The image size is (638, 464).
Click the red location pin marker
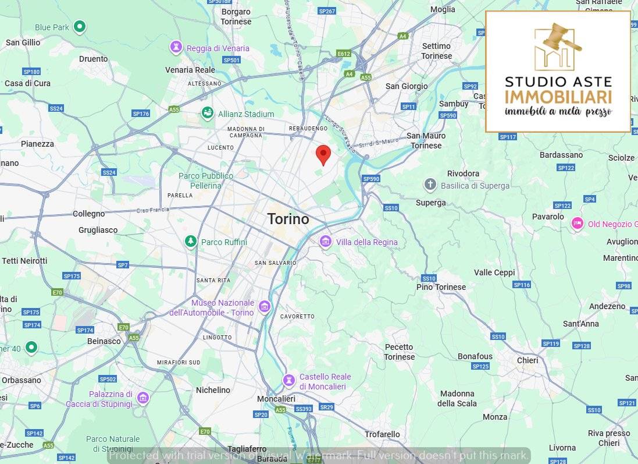323,154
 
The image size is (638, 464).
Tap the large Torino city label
288,219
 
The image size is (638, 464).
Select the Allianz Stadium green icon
206,114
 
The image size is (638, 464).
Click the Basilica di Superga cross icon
430,185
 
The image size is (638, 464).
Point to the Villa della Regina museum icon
325,242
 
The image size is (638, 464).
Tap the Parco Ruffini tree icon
190,242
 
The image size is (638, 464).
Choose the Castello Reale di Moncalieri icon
288,381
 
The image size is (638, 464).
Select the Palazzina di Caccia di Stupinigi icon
143,398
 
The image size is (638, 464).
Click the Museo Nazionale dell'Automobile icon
265,307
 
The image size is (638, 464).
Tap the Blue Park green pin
80,27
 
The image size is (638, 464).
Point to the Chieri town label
527,360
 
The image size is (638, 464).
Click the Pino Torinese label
441,287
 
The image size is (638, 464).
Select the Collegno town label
88,214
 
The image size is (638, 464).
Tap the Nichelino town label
213,390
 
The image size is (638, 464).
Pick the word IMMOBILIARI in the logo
558,97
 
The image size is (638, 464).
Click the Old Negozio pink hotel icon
577,224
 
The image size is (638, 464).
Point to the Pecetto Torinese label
399,352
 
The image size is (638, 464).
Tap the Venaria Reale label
190,70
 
